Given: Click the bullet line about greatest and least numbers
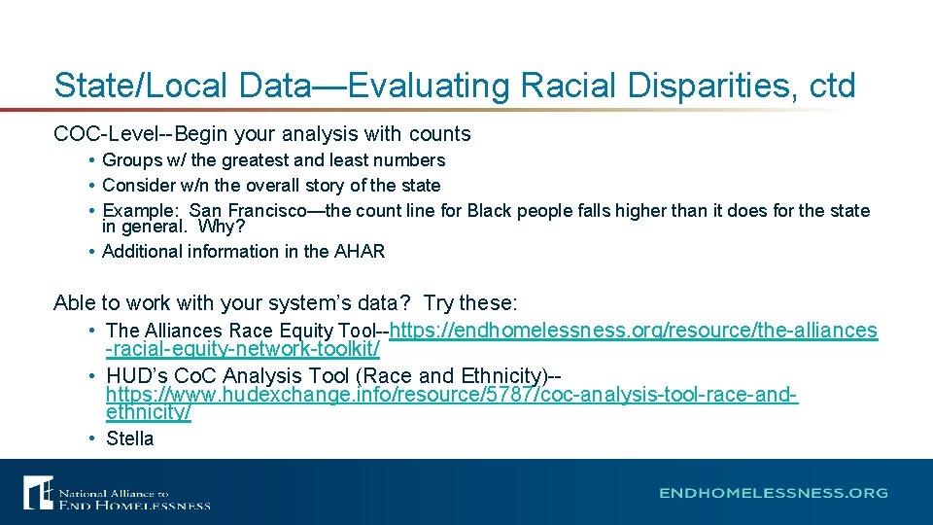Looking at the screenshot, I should click(x=273, y=160).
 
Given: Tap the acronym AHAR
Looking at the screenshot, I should click(x=360, y=252).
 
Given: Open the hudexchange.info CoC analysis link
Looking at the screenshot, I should click(x=451, y=396).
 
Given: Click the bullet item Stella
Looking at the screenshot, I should click(x=129, y=438).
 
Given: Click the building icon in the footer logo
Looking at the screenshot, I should click(x=38, y=493).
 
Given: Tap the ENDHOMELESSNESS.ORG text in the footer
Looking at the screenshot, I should click(x=773, y=493).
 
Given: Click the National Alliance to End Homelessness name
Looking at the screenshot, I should click(x=134, y=499).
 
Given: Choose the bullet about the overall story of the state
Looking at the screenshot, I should click(x=271, y=186).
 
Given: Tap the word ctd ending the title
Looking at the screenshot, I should click(x=832, y=86).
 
